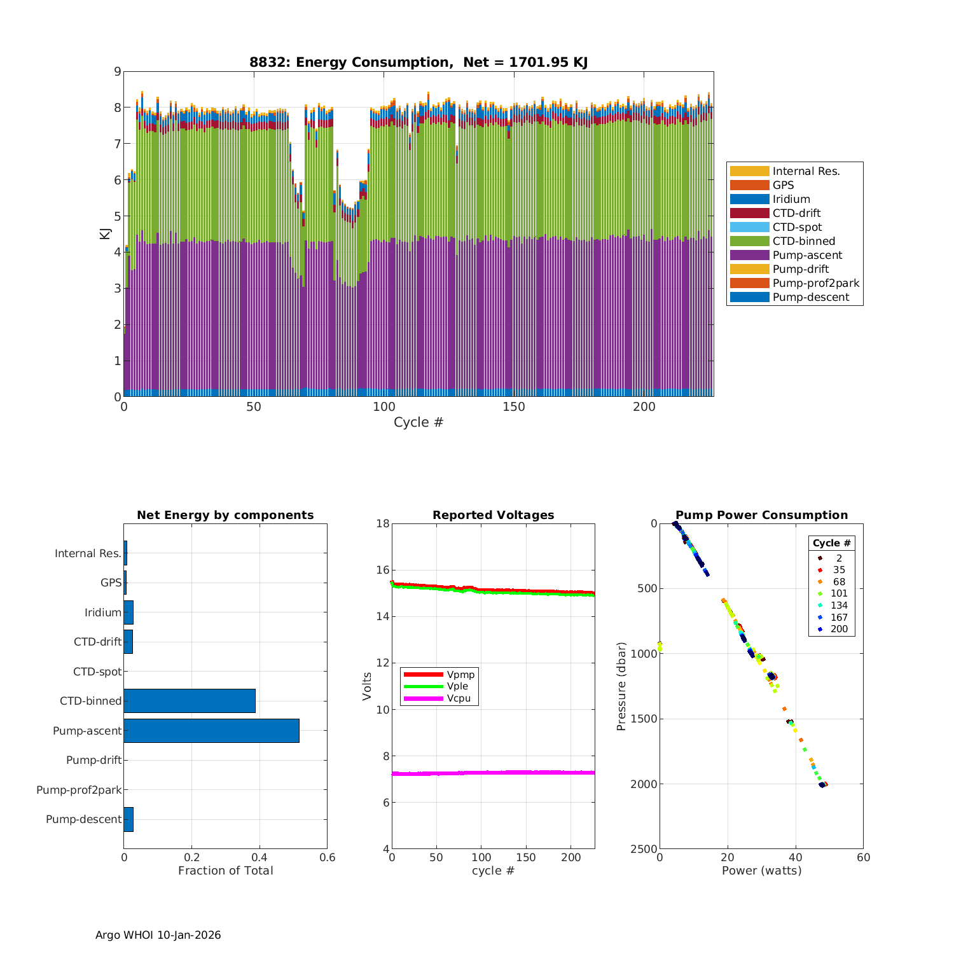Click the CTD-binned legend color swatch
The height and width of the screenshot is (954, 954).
749,241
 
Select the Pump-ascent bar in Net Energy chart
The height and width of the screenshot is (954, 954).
211,731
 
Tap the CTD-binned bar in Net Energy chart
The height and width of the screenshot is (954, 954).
190,701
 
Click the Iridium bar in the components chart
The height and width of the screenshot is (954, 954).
128,612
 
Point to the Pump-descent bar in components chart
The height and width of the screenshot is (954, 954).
128,819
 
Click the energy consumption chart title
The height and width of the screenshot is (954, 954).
418,62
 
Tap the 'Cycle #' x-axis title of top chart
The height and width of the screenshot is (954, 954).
418,422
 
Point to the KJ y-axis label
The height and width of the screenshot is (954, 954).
105,234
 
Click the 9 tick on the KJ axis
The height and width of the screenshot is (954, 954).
117,71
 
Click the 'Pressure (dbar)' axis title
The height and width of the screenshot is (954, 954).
621,686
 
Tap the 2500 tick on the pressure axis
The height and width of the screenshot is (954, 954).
644,849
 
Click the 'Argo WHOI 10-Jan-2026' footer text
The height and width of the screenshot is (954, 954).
158,935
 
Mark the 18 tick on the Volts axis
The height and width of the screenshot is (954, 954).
382,523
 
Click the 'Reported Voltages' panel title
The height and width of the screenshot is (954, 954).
493,515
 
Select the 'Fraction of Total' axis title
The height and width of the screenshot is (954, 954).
225,871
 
